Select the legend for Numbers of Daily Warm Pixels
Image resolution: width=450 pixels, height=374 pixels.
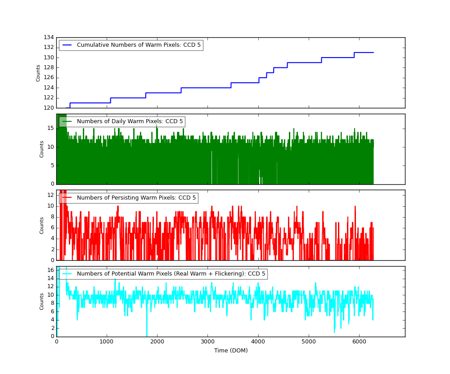[x=130, y=122]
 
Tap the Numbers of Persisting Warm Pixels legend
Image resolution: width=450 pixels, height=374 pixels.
[x=136, y=198]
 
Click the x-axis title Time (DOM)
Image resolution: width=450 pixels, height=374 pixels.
[x=231, y=351]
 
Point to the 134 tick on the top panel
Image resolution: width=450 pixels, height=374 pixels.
[x=49, y=37]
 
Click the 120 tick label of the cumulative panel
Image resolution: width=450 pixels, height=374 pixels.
[x=49, y=108]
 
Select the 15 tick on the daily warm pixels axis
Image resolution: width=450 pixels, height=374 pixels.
[x=50, y=128]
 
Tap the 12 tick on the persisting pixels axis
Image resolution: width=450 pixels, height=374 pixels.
[x=50, y=195]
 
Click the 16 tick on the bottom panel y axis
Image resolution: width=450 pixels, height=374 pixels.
[x=50, y=270]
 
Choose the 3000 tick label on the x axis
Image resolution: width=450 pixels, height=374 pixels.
[x=207, y=341]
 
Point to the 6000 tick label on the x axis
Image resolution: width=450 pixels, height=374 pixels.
[x=359, y=341]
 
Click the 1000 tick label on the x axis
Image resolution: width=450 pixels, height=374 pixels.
[x=107, y=341]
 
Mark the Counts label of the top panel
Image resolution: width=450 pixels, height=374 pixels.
[x=38, y=73]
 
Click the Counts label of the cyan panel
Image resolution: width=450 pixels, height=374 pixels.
[x=42, y=302]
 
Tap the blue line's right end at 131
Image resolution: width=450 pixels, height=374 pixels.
[x=373, y=53]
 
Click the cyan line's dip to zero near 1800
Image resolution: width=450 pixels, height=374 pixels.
[x=147, y=335]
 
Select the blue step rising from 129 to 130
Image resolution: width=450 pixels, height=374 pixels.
[x=321, y=60]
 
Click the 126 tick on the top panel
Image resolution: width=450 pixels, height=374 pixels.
[x=49, y=78]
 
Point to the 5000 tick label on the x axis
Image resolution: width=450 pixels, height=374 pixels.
[x=308, y=341]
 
